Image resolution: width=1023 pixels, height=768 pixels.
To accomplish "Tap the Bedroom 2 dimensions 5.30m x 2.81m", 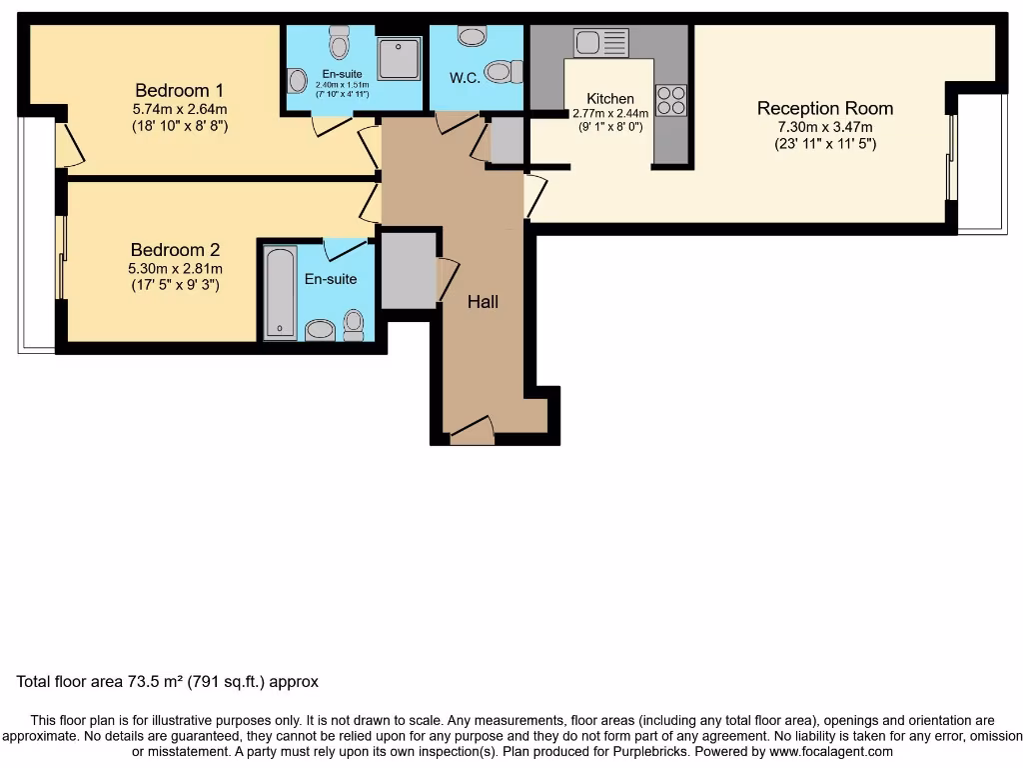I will click(176, 268).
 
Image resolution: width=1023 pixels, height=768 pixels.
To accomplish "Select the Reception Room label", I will click(824, 108).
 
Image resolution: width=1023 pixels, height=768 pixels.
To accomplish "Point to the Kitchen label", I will click(609, 98).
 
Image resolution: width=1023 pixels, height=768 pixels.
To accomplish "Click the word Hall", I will click(484, 301).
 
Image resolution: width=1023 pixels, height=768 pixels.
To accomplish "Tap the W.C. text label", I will click(466, 78).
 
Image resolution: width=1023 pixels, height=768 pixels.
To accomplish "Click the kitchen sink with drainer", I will click(600, 42).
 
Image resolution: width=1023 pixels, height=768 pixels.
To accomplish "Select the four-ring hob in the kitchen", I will click(671, 101).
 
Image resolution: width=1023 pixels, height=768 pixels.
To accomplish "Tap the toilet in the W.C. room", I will click(503, 72).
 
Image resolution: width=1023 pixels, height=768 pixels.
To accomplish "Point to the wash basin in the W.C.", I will click(472, 36).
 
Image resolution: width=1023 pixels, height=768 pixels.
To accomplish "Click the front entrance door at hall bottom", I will click(472, 432).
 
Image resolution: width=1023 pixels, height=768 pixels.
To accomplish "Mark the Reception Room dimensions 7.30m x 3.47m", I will click(824, 127).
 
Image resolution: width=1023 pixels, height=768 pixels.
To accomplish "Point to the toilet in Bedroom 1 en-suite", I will click(340, 42).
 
